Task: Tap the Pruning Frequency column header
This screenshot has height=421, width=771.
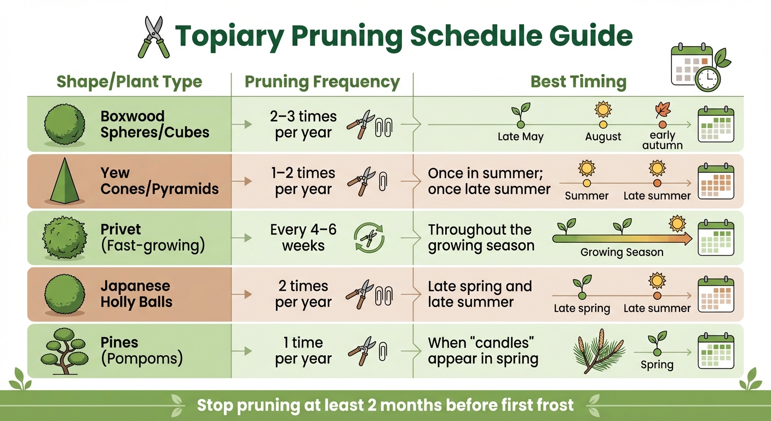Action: tap(322, 82)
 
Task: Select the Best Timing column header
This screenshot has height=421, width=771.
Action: tap(578, 82)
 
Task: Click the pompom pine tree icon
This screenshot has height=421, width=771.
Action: tap(65, 350)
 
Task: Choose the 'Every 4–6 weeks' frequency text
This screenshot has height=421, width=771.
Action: tap(303, 237)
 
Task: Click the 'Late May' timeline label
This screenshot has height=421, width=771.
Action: tap(520, 137)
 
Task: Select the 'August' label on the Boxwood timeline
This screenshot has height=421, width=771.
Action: tap(603, 137)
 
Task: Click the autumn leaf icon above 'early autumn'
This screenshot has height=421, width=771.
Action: tap(663, 111)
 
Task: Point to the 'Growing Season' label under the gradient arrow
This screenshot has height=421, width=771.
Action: tap(622, 253)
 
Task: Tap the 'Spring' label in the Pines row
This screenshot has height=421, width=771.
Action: tap(657, 365)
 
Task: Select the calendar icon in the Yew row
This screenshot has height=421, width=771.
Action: tap(715, 181)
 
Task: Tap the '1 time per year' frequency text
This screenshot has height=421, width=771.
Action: tap(303, 351)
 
